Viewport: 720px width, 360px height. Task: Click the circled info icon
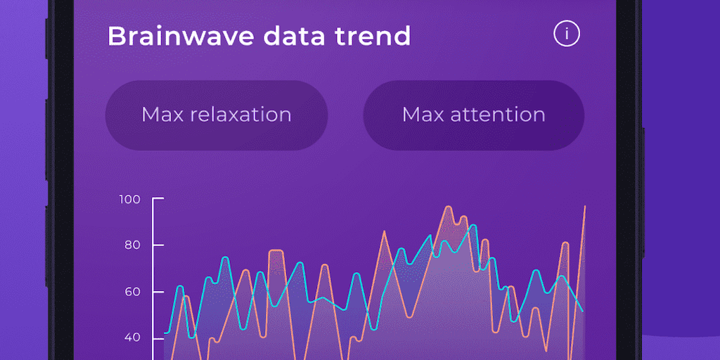567,34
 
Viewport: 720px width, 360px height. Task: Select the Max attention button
473,115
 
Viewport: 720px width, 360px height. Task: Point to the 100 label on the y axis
129,199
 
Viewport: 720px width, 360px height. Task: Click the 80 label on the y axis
132,245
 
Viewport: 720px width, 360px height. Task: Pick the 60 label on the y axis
132,292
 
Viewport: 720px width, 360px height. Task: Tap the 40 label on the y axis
132,338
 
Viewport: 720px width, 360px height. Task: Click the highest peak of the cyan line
473,225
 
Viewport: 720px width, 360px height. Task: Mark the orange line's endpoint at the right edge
584,206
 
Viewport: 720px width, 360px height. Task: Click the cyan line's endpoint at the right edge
583,311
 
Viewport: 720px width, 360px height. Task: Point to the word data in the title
294,36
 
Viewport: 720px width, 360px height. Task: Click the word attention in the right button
498,115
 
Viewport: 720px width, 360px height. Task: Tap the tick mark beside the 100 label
158,199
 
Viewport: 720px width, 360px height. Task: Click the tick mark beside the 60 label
158,292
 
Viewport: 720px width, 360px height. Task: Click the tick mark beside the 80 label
158,245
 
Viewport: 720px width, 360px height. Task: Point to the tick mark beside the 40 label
158,338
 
